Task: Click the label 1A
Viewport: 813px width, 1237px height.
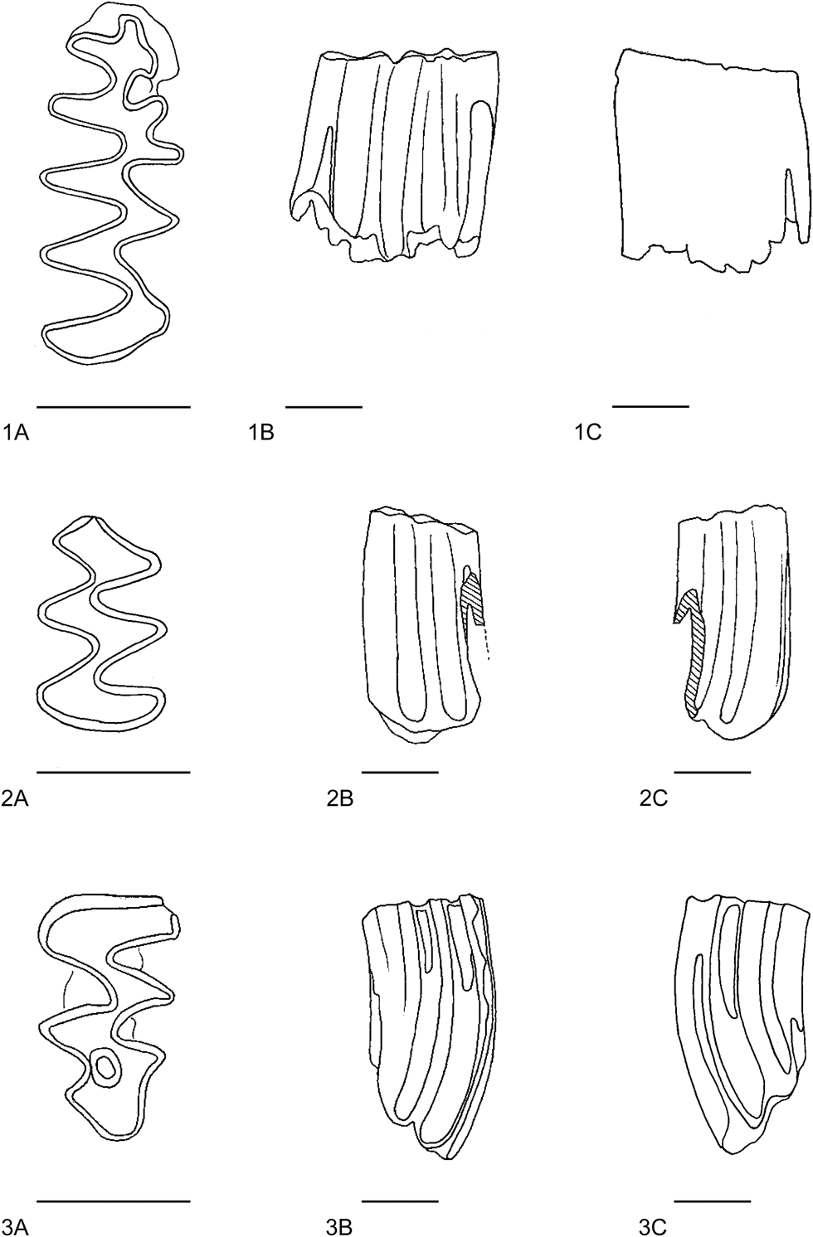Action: (17, 432)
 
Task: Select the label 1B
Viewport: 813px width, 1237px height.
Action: (260, 432)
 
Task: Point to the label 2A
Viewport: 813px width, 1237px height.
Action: (17, 798)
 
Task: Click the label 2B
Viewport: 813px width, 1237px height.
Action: (340, 798)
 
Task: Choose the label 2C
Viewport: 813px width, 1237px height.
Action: (654, 798)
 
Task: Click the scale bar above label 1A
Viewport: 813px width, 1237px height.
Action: (114, 407)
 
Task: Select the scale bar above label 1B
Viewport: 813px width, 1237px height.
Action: (324, 407)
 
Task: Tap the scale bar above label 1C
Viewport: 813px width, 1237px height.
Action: (650, 406)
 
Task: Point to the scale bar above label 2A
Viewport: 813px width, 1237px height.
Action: (114, 772)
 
